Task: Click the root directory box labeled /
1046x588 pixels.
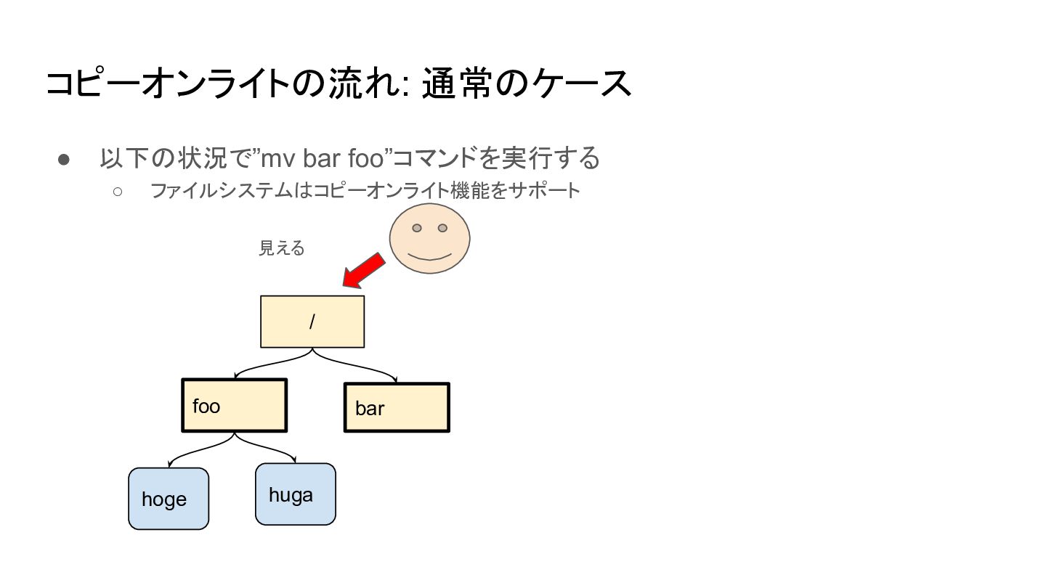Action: (x=312, y=322)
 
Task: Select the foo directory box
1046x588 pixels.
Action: (x=235, y=405)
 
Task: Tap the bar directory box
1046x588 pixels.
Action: (x=397, y=407)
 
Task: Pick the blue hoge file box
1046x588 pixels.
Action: (x=169, y=499)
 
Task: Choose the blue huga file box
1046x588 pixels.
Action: (x=296, y=494)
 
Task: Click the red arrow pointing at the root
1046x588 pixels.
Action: (x=363, y=271)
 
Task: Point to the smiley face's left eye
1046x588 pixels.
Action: (x=417, y=228)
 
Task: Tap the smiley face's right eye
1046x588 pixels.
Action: (x=442, y=228)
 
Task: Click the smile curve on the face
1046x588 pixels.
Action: (x=429, y=258)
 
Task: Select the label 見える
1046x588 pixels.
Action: (x=282, y=248)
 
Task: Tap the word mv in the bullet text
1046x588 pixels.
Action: (x=277, y=159)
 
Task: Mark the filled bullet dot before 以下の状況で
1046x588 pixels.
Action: (x=63, y=160)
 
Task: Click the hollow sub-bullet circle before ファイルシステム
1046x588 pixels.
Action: (x=118, y=192)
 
